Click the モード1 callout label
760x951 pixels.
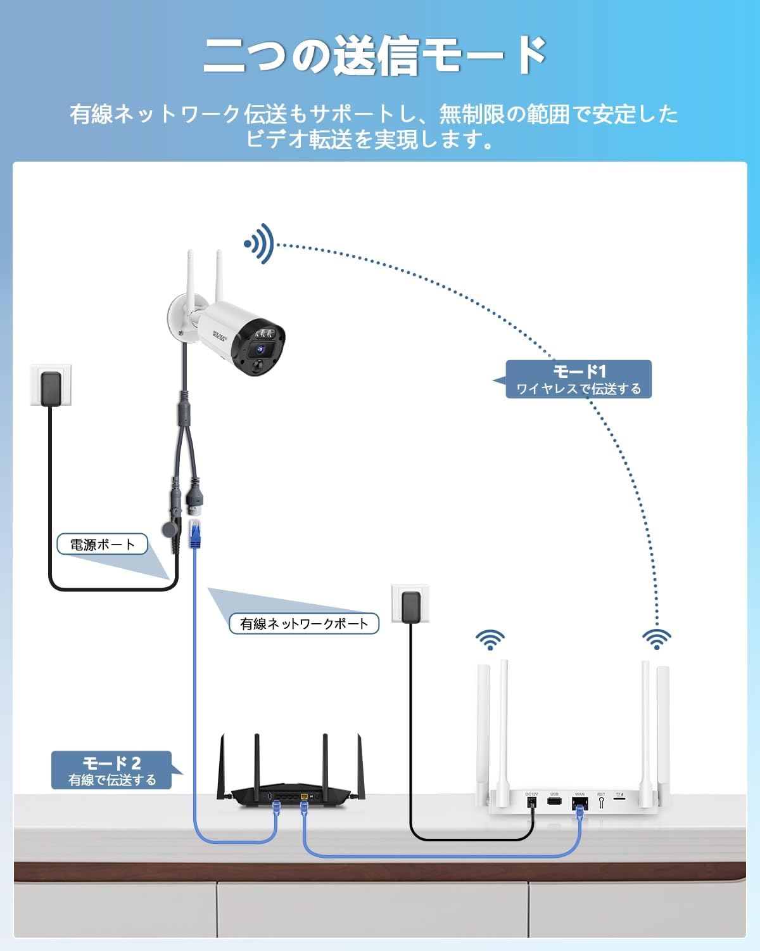[578, 379]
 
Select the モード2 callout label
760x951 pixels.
[111, 770]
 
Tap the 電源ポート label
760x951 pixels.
[102, 544]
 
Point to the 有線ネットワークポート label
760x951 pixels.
[303, 623]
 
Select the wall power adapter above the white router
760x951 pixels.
[410, 607]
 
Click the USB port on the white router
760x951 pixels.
[554, 801]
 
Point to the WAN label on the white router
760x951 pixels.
[579, 794]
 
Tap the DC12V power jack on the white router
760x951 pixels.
[531, 802]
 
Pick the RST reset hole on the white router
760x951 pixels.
[601, 802]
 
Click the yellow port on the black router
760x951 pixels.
[304, 796]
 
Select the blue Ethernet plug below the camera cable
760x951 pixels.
[196, 533]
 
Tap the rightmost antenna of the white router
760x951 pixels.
[663, 729]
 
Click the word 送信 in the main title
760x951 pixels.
[375, 56]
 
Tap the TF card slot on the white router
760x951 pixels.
[620, 800]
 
